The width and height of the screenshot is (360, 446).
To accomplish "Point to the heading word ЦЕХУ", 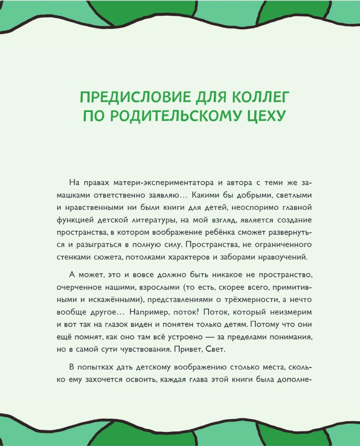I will pyautogui.click(x=265, y=116).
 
